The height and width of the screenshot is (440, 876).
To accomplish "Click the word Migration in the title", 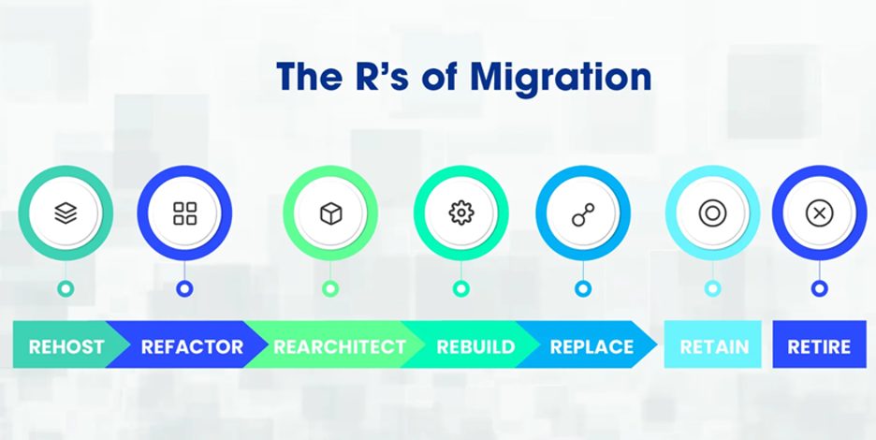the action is tap(561, 80).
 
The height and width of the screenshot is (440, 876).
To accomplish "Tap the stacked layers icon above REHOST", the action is tap(66, 213).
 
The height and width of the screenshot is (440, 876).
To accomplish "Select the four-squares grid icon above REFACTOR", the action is tap(184, 213).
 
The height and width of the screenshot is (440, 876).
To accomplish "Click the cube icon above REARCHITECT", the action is tap(330, 213).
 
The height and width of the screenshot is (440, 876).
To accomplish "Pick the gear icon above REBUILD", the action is tap(460, 213).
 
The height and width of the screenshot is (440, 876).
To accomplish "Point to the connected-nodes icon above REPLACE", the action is tap(583, 214).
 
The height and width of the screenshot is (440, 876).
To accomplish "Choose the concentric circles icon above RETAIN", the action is tap(712, 213).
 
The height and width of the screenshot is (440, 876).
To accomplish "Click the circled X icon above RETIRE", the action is tap(819, 213).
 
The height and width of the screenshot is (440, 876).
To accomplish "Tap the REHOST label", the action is tap(66, 346).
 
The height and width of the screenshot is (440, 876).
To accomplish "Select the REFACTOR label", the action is tap(192, 346).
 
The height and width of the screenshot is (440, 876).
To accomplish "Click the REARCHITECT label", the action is tap(340, 346).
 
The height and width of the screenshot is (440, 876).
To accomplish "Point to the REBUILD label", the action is tap(475, 346).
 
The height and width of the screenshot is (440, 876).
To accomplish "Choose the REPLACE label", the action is tap(591, 346).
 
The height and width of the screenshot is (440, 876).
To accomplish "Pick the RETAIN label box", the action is tap(712, 345).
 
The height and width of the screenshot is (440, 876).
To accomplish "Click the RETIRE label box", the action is tap(819, 345).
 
